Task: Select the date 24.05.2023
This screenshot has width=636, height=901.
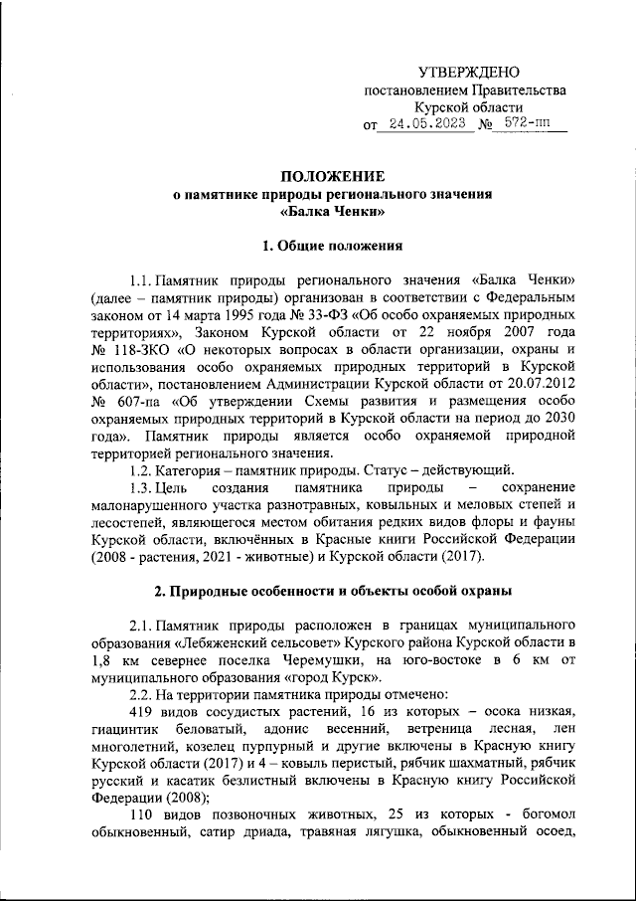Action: click(426, 125)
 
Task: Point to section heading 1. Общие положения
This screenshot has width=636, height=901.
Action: click(331, 244)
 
